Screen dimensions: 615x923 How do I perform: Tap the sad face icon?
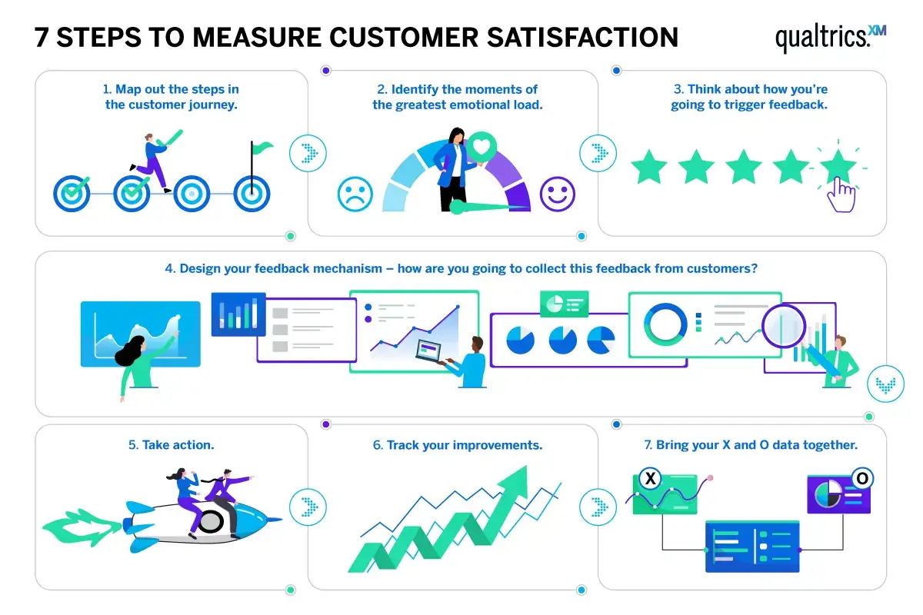click(x=355, y=194)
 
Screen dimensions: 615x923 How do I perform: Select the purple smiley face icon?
click(x=558, y=194)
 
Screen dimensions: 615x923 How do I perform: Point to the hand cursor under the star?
click(x=841, y=194)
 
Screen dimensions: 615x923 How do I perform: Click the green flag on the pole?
click(x=262, y=145)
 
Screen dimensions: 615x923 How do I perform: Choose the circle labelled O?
click(x=861, y=478)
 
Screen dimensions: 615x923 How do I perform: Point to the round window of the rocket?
click(x=211, y=521)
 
